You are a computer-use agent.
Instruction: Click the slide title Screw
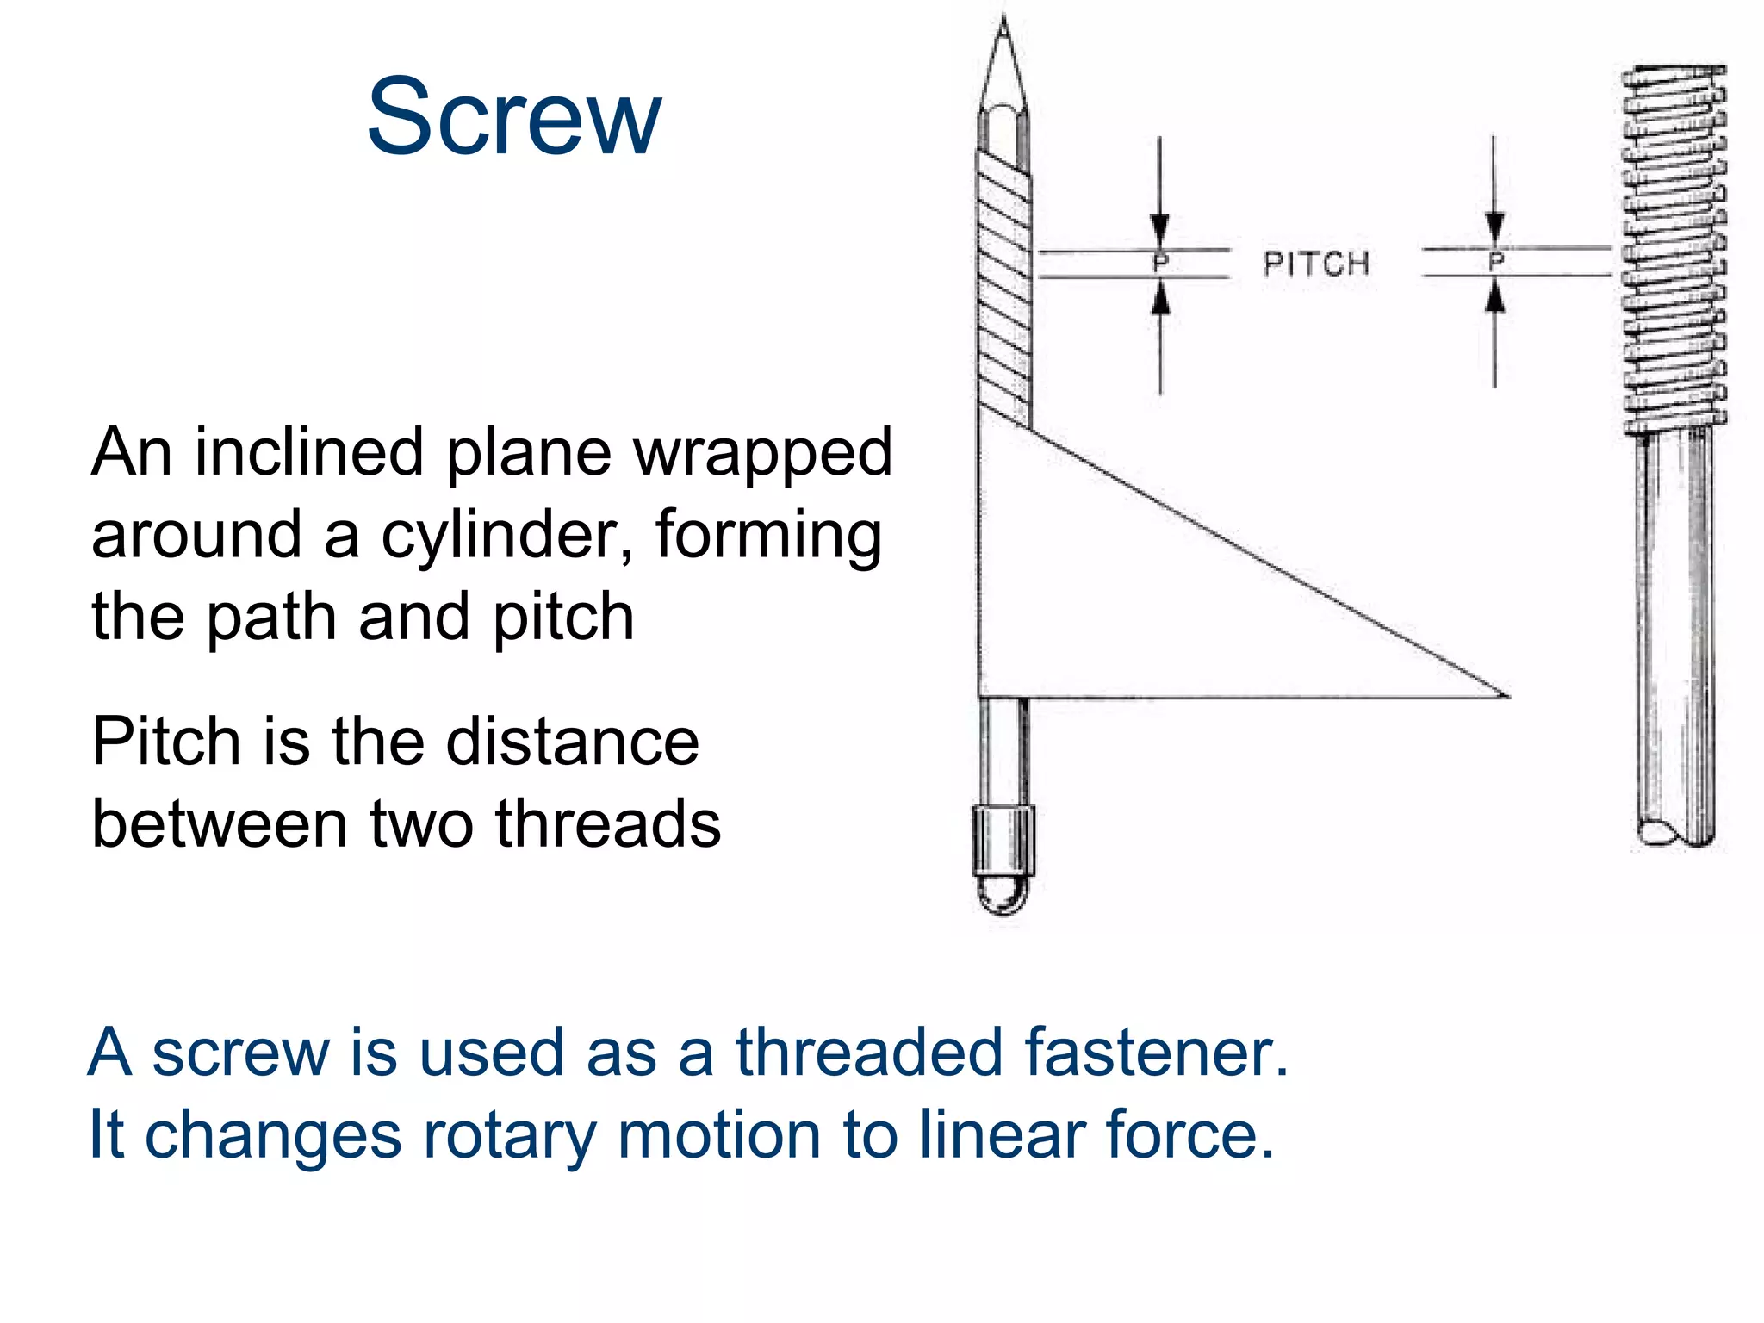tap(514, 117)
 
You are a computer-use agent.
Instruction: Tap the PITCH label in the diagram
tap(1315, 264)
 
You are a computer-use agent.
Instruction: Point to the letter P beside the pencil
tap(1160, 262)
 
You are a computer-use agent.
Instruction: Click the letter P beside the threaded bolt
tap(1496, 260)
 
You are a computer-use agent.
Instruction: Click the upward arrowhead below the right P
tap(1495, 297)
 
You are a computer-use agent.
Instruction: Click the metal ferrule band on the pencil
tap(1003, 840)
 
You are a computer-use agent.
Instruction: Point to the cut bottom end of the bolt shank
tap(1674, 833)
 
